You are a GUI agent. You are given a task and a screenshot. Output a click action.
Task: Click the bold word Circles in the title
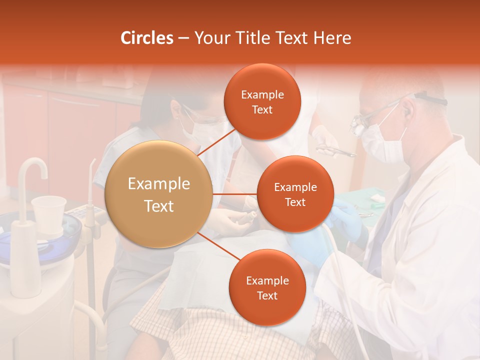[x=147, y=38]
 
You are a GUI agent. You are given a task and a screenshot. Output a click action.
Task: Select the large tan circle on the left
[x=159, y=194]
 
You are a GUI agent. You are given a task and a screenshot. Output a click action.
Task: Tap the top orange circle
[x=262, y=101]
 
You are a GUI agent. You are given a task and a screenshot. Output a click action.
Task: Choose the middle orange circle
[x=295, y=194]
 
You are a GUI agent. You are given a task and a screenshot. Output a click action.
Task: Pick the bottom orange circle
[x=267, y=287]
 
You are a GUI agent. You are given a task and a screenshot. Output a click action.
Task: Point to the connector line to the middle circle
[x=235, y=194]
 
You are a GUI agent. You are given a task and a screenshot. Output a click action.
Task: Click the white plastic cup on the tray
[x=48, y=212]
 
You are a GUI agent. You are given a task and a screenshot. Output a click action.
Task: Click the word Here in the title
[x=332, y=38]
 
